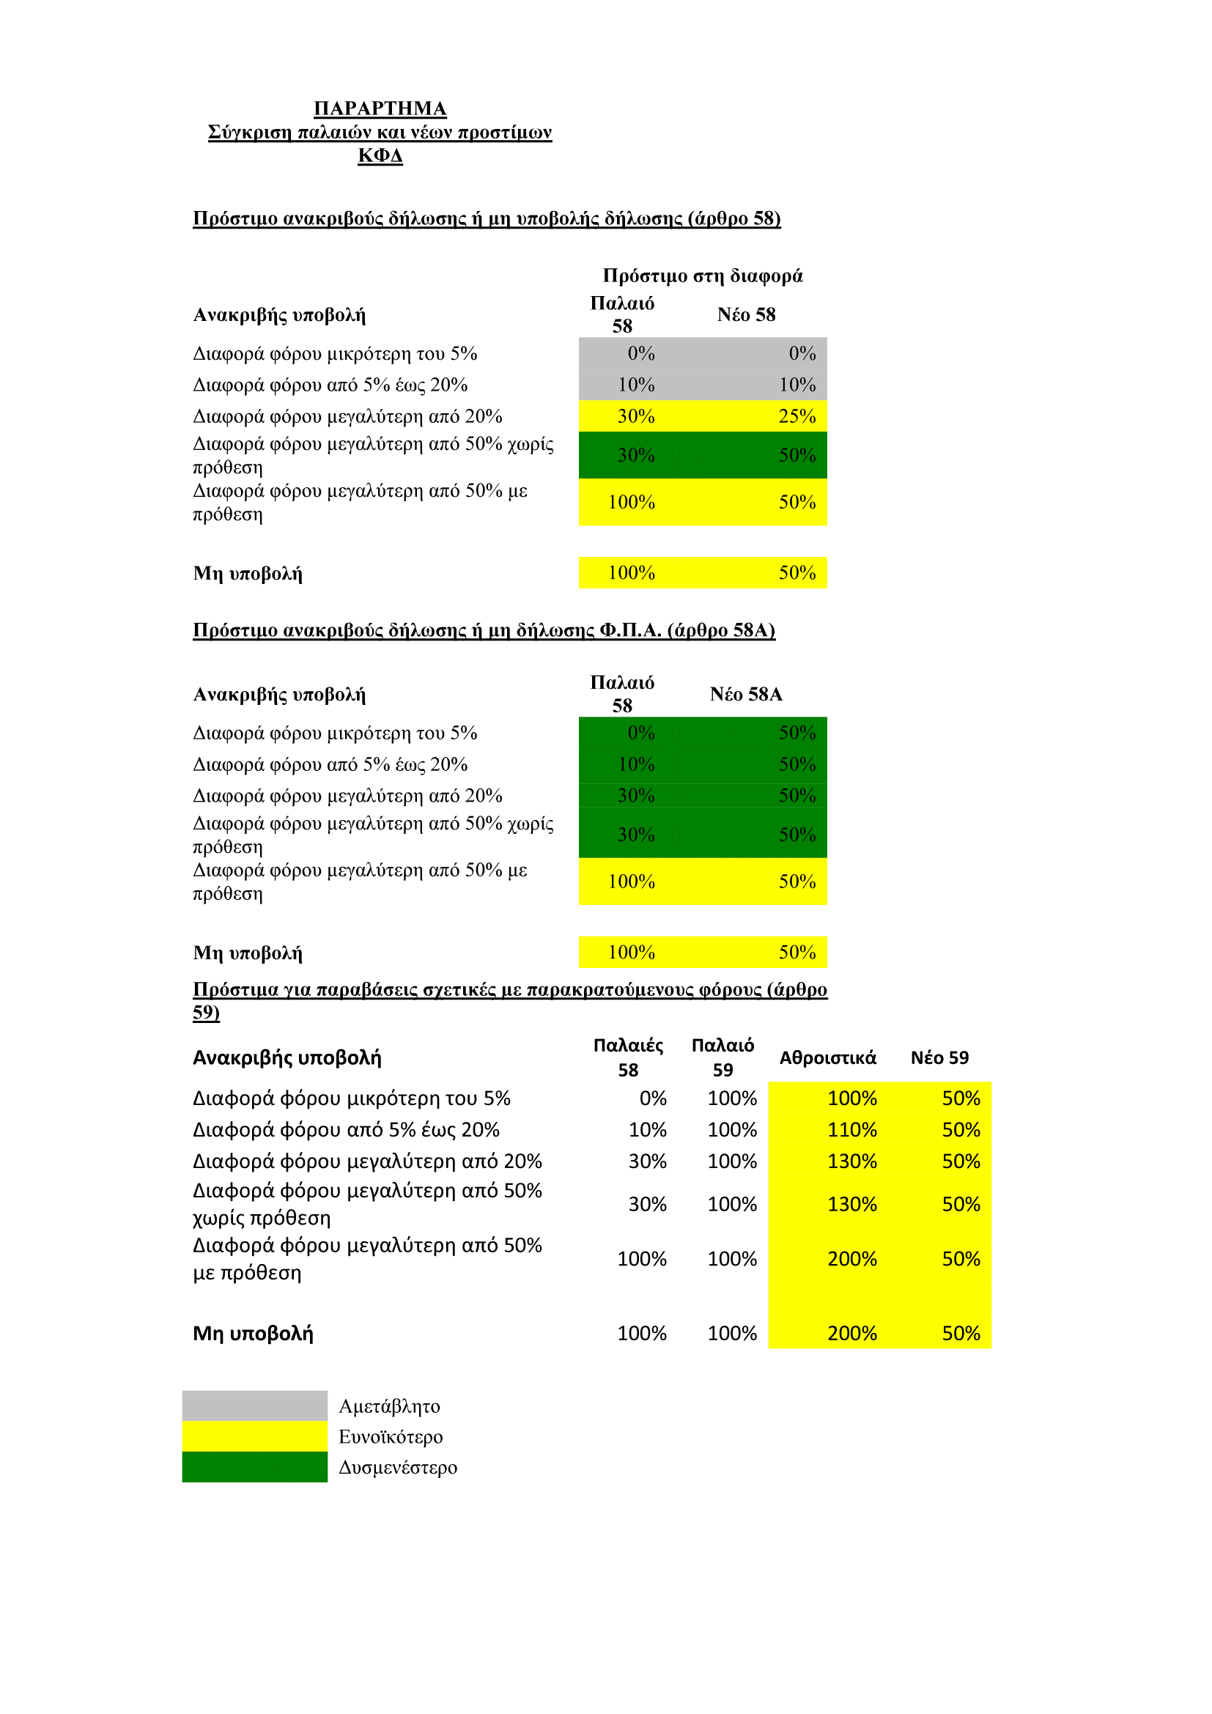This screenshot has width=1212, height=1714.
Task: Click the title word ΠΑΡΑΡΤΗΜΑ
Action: (x=380, y=108)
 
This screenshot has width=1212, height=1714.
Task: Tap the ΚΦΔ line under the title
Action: (x=380, y=155)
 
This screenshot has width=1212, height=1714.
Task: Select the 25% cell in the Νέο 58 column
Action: (x=797, y=415)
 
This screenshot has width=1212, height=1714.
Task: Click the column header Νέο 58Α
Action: (x=745, y=694)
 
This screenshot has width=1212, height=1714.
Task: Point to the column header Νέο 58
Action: (x=745, y=314)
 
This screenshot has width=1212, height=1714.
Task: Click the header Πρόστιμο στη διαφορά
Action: (x=702, y=276)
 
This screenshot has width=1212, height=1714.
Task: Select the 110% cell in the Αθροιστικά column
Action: (x=851, y=1129)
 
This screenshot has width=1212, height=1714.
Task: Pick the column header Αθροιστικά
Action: (x=827, y=1057)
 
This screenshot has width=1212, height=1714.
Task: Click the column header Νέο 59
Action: (x=939, y=1057)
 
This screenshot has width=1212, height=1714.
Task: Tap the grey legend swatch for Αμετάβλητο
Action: (x=254, y=1405)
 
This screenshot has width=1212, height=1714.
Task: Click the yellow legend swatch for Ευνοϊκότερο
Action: (x=254, y=1436)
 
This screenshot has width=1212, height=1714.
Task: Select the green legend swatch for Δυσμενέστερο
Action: (x=254, y=1467)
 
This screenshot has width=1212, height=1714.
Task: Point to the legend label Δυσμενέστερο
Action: (x=398, y=1468)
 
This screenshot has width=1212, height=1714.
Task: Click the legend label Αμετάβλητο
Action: (x=389, y=1406)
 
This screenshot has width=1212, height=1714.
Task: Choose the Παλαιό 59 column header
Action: (x=723, y=1057)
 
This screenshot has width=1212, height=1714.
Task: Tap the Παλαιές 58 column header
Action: (x=628, y=1057)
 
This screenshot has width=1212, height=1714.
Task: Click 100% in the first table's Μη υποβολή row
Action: (x=632, y=572)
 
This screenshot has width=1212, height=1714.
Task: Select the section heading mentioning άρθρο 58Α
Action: (x=484, y=630)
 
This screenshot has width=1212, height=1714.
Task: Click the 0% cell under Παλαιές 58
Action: (x=652, y=1098)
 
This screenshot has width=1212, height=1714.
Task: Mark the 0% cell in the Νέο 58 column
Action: (x=802, y=353)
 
